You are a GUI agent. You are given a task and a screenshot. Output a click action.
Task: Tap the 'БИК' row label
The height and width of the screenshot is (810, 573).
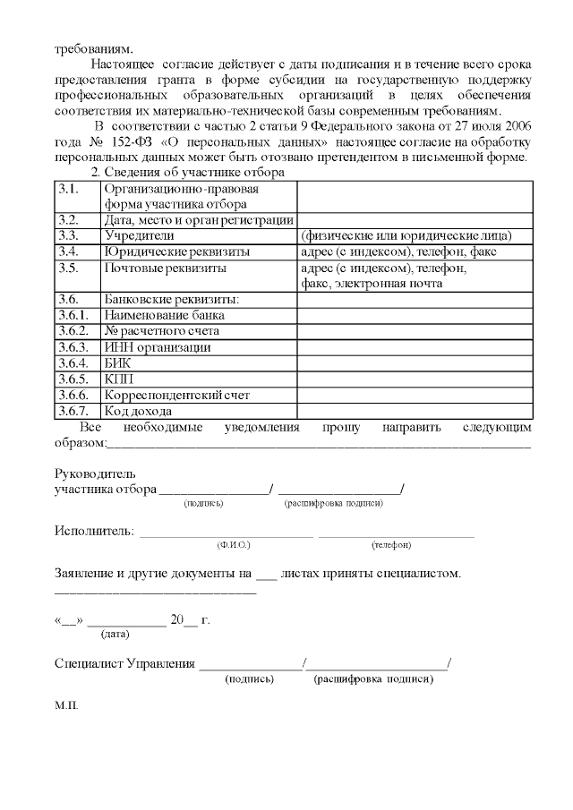tap(119, 362)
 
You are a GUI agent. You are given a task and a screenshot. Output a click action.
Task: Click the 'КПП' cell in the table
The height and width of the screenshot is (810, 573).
tap(119, 379)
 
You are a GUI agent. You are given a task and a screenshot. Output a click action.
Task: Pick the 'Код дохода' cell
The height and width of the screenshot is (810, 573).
tap(138, 411)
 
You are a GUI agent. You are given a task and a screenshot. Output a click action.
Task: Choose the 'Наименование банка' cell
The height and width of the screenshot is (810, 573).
tap(164, 314)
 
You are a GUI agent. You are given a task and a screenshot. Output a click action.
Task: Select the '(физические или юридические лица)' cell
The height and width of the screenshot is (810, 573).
tap(406, 235)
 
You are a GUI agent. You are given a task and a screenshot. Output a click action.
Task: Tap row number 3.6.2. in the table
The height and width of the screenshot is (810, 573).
tap(76, 330)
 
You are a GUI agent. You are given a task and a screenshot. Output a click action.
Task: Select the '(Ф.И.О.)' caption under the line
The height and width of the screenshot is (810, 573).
tap(234, 545)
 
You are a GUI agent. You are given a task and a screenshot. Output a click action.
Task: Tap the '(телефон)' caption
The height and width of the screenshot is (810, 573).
tap(391, 545)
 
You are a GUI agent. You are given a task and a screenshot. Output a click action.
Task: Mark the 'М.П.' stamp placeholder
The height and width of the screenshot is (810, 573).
tap(66, 704)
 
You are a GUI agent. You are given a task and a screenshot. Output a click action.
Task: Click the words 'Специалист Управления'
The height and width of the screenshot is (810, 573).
tap(124, 663)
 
